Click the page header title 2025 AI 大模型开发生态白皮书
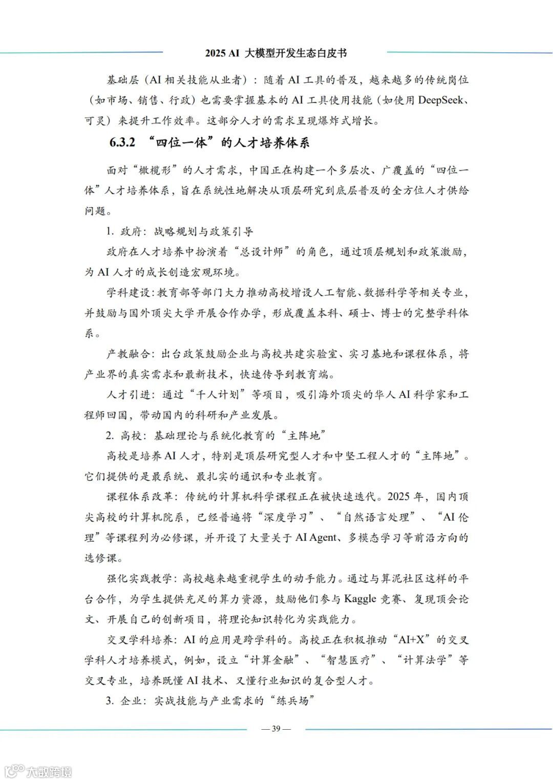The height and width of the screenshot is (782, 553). click(276, 53)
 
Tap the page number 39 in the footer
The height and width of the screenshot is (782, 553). click(276, 729)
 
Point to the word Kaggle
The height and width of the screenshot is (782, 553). click(360, 599)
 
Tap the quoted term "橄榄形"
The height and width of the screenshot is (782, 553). click(161, 170)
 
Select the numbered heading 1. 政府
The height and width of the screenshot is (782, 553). click(124, 232)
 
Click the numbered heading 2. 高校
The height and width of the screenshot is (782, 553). click(124, 436)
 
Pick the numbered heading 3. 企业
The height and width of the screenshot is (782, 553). click(124, 701)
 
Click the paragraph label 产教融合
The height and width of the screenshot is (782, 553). click(129, 354)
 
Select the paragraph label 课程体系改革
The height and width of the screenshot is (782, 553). click(139, 497)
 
